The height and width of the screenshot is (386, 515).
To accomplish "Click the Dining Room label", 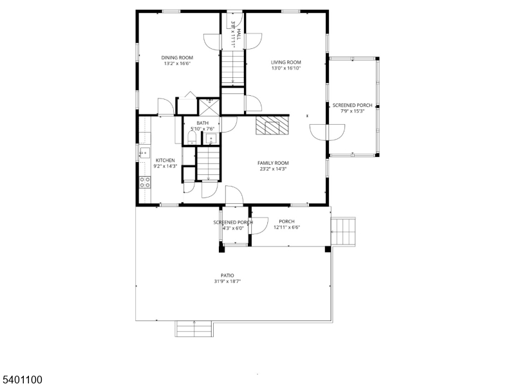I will pos(177,57).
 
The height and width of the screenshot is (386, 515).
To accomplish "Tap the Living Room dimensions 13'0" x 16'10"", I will pos(286,68).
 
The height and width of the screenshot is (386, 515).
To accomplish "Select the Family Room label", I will pos(273,163).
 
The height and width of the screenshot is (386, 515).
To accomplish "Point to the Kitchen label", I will pos(165,160).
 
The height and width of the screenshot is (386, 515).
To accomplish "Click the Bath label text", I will pos(203,123).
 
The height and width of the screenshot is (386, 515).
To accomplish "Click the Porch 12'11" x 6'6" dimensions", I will pos(286,227).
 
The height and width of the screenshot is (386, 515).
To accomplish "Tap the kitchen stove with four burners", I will pos(145,181).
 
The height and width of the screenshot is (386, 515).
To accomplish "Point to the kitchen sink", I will pos(144,153).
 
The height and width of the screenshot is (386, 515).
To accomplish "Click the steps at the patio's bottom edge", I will pos(194,328).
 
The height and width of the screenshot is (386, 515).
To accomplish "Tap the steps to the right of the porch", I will pos(344,232).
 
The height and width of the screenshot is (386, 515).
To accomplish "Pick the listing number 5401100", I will pos(22,380).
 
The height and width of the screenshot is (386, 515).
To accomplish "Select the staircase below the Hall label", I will pos(233,68).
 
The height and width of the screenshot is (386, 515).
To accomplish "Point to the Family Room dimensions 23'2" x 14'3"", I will pos(273,169).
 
